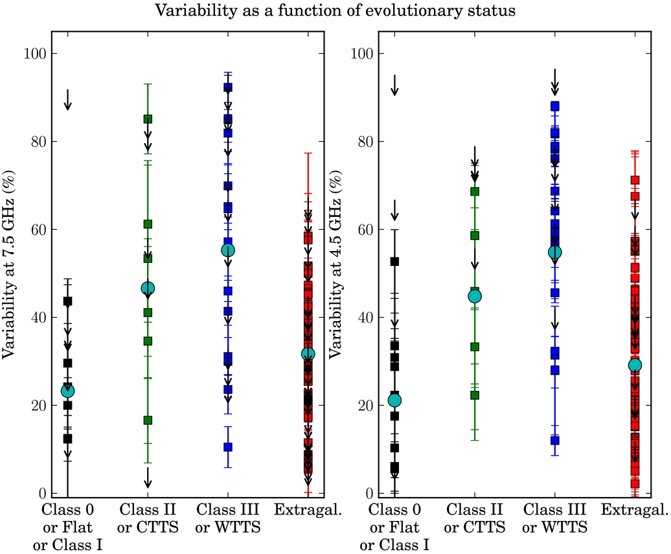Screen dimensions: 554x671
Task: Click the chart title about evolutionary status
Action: point(335,11)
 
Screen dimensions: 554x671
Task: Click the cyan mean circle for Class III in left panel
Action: point(228,250)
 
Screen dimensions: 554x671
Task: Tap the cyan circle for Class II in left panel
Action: point(148,288)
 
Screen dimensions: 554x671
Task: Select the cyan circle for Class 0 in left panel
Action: point(67,391)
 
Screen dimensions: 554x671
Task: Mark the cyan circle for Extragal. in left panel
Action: point(308,354)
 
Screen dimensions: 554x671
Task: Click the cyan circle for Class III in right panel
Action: point(555,252)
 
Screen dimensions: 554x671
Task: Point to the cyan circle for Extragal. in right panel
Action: point(635,365)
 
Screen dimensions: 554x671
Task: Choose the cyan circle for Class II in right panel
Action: point(475,296)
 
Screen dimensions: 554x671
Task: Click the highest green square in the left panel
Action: point(148,119)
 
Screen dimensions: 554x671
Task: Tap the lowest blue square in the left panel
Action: point(228,447)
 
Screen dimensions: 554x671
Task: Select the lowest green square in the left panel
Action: point(148,420)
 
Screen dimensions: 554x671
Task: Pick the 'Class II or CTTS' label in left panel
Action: point(148,519)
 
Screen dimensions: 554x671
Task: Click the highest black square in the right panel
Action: point(394,261)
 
